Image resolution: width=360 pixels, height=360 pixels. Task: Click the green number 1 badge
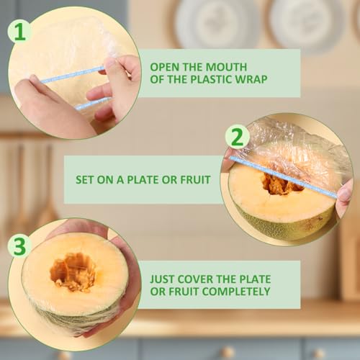pos(19,32)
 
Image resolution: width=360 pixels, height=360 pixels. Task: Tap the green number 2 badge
pos(238,137)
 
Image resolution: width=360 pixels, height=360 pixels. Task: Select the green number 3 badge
pos(19,246)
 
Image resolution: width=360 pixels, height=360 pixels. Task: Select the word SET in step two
pos(84,180)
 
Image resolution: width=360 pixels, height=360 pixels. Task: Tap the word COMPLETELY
pos(236,292)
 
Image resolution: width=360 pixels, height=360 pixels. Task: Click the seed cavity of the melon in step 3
pos(73,271)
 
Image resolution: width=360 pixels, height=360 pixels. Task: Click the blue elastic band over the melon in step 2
pos(283,177)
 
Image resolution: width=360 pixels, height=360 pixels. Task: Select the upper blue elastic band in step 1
pos(73,75)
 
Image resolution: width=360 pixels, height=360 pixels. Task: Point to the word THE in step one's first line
pos(192,67)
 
